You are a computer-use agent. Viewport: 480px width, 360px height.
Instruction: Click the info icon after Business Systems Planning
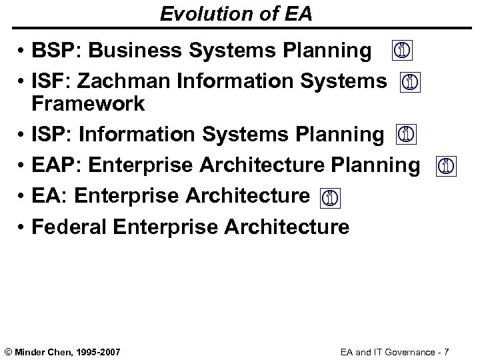(x=402, y=51)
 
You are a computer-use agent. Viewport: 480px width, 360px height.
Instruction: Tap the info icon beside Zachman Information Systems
(x=411, y=83)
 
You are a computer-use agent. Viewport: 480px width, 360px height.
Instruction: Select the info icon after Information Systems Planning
(x=405, y=135)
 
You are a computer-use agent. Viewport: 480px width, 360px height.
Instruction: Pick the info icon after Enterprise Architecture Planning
(x=446, y=167)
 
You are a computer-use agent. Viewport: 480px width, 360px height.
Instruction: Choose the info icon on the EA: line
(x=329, y=197)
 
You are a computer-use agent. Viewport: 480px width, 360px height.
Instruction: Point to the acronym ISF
(x=49, y=82)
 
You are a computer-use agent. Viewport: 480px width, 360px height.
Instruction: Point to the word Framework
(x=87, y=104)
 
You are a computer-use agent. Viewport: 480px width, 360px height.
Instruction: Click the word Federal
(x=70, y=227)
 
